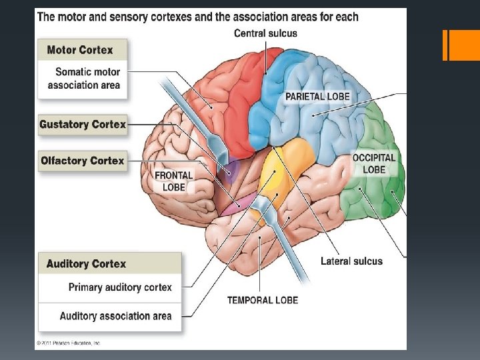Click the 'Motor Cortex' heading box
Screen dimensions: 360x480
click(82, 50)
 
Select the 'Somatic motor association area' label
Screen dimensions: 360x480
click(84, 79)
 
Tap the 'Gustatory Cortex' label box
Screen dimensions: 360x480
click(83, 125)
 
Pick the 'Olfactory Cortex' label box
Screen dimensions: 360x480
click(83, 161)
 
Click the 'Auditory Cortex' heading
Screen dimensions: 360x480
click(87, 264)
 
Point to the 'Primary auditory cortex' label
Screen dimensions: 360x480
click(120, 287)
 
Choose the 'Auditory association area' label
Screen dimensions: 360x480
click(115, 316)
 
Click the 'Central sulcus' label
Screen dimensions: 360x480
click(265, 33)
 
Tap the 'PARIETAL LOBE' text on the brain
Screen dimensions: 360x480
click(317, 97)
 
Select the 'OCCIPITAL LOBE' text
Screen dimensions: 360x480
click(374, 164)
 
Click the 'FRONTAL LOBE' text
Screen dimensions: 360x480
click(173, 181)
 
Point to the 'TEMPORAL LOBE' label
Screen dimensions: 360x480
click(263, 300)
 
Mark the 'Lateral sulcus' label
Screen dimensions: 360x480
click(351, 261)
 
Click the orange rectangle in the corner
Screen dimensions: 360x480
click(462, 45)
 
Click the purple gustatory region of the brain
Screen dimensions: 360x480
click(230, 172)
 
